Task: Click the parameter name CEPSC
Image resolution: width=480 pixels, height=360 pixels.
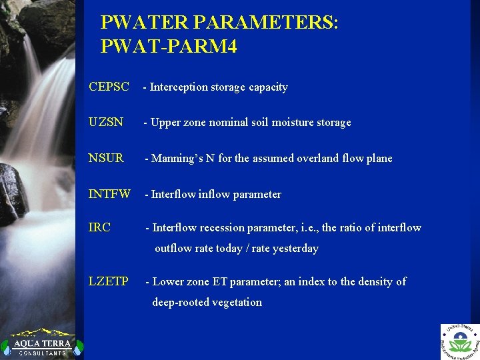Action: pos(109,87)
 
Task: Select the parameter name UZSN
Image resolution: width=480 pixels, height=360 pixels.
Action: pos(106,122)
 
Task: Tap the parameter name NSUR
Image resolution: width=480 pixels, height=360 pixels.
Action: pos(106,158)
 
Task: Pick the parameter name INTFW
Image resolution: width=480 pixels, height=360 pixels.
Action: pos(109,194)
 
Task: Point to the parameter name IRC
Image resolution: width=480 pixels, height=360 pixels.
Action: pos(99,227)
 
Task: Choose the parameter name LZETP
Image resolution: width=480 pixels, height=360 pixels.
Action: pos(109,281)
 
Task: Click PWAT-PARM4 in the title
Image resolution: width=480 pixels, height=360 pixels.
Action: pos(169,47)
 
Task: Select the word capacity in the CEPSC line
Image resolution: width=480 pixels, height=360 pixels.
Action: pos(267,87)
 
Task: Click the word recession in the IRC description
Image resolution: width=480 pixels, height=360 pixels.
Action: pos(225,228)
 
